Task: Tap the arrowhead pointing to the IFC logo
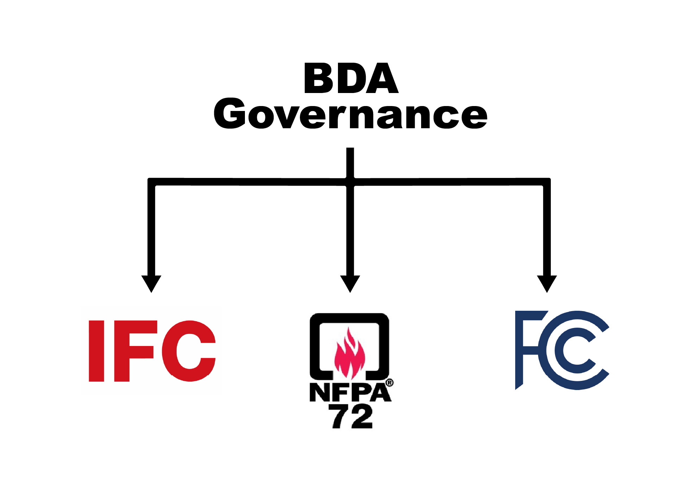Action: pyautogui.click(x=151, y=283)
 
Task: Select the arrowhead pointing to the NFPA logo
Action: pyautogui.click(x=350, y=283)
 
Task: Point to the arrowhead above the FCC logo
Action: pyautogui.click(x=547, y=283)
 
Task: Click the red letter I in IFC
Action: pyautogui.click(x=97, y=351)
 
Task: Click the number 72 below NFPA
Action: pyautogui.click(x=352, y=417)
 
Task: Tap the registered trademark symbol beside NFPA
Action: pyautogui.click(x=389, y=383)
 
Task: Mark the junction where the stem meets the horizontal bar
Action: pyautogui.click(x=350, y=182)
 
